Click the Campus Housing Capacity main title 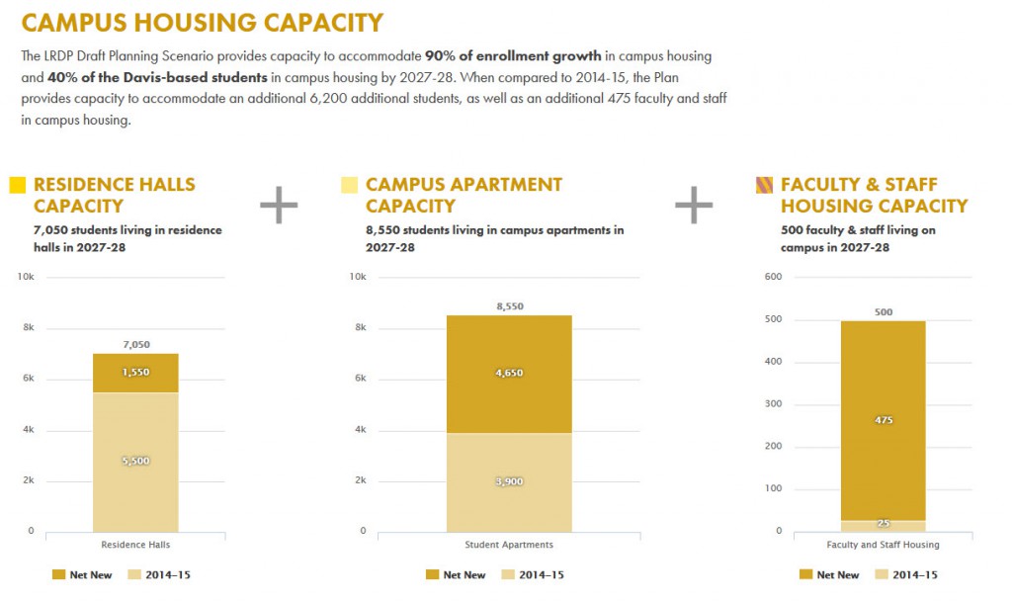coord(202,22)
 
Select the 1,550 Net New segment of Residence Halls coord(135,373)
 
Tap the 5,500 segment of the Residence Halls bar coord(135,462)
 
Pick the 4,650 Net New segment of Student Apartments coord(509,374)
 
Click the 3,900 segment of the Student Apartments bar coord(509,481)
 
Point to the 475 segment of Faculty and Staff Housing coord(884,420)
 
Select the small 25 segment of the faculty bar coord(884,525)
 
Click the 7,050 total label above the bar coord(135,344)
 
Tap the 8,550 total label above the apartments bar coord(509,306)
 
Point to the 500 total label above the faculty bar coord(884,312)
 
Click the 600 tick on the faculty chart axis coord(774,277)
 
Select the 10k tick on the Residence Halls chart coord(26,277)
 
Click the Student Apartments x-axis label coord(509,545)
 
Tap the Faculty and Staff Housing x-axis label coord(884,545)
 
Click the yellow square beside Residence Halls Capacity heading coord(17,185)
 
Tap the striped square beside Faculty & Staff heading coord(764,185)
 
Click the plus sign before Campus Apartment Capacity coord(279,205)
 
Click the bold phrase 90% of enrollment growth coord(513,55)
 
